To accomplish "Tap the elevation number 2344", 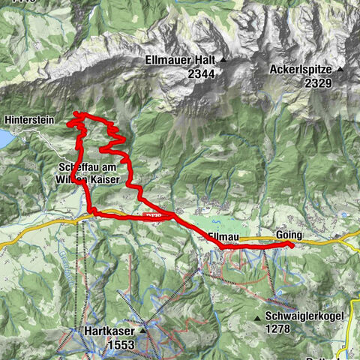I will tap(181, 73).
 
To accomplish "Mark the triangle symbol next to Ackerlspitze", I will tap(340, 70).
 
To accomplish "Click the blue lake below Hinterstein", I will tap(5, 139).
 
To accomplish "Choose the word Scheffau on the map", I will tap(76, 166).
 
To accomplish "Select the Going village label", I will tap(289, 234).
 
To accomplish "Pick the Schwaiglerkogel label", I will tap(304, 316).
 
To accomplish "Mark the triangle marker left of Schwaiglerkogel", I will tap(258, 317).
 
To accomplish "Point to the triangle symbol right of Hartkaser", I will tap(142, 330).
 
